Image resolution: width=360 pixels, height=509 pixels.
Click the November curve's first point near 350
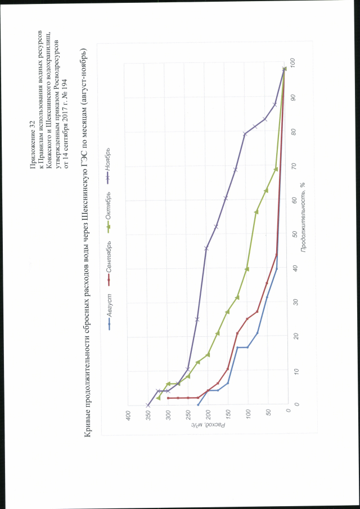147,404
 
